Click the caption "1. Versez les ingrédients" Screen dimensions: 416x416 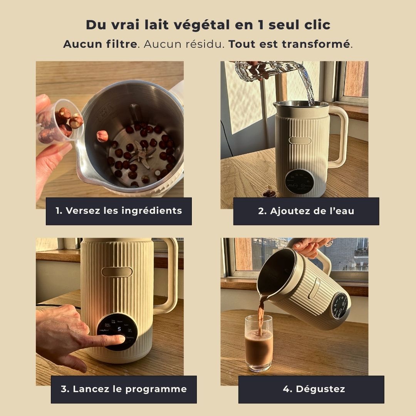[119, 211]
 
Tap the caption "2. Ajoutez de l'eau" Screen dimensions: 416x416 [306, 211]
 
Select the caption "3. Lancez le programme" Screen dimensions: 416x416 [124, 389]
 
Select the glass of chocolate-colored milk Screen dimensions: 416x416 [258, 343]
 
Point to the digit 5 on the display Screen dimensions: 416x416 [119, 329]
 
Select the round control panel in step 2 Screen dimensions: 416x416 [300, 181]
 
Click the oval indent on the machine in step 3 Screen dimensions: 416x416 [117, 272]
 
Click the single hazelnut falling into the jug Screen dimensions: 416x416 [102, 136]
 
